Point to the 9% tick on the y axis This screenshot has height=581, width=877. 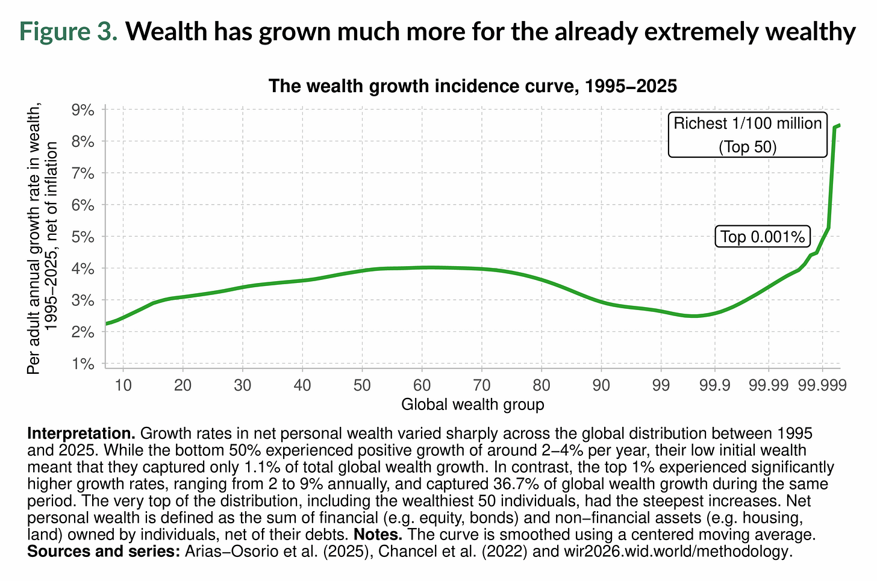(x=83, y=110)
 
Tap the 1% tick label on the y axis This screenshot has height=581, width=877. (x=83, y=364)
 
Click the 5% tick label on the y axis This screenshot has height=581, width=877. (x=83, y=237)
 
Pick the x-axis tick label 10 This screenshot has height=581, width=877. (x=123, y=384)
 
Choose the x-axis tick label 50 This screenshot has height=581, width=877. (x=362, y=384)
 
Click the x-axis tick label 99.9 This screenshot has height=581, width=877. (x=714, y=384)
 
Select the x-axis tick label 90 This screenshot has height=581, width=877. (x=601, y=384)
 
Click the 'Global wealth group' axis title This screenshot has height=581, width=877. (x=473, y=404)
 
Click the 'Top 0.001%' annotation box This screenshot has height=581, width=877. (x=763, y=237)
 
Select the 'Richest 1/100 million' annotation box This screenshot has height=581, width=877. (x=747, y=135)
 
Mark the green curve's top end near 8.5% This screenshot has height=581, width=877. (x=838, y=125)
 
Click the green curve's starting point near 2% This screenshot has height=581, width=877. (x=107, y=324)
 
